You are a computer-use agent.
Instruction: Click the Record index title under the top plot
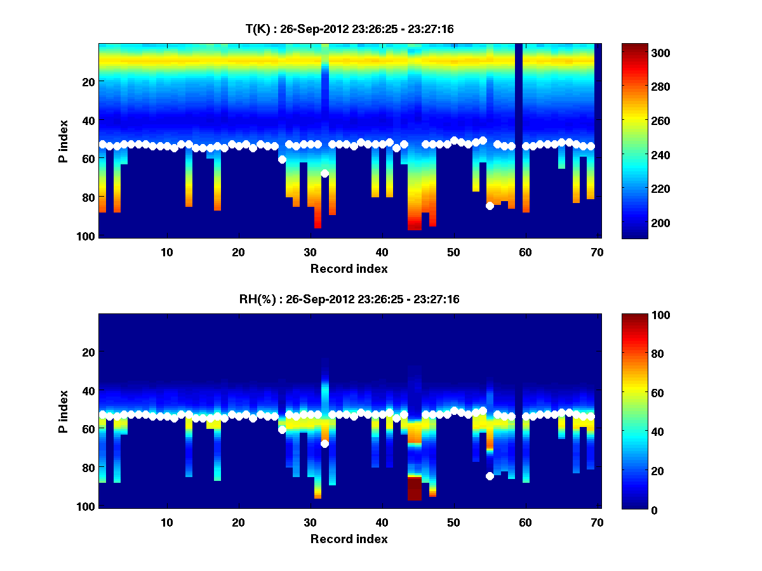pyautogui.click(x=349, y=268)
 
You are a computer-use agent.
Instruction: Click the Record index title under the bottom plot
pyautogui.click(x=349, y=539)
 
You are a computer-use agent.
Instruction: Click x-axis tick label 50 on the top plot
pyautogui.click(x=453, y=252)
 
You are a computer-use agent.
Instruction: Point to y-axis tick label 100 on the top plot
pyautogui.click(x=87, y=236)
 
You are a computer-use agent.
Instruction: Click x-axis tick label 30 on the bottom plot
pyautogui.click(x=310, y=522)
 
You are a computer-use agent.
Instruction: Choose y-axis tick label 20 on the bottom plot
pyautogui.click(x=90, y=352)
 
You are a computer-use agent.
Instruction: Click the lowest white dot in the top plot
pyautogui.click(x=490, y=206)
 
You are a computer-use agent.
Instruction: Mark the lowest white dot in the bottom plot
pyautogui.click(x=490, y=476)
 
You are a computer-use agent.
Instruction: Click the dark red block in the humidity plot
pyautogui.click(x=414, y=489)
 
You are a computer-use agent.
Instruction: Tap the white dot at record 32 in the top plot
pyautogui.click(x=324, y=173)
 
